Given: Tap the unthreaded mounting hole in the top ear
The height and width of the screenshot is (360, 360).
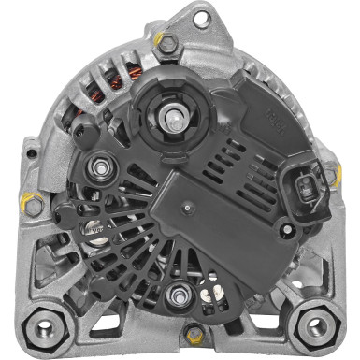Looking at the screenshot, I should coord(199,15).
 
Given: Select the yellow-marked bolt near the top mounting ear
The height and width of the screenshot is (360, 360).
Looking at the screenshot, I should coord(167,42).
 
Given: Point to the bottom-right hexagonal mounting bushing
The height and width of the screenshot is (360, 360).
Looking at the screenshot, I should coord(317,327).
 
